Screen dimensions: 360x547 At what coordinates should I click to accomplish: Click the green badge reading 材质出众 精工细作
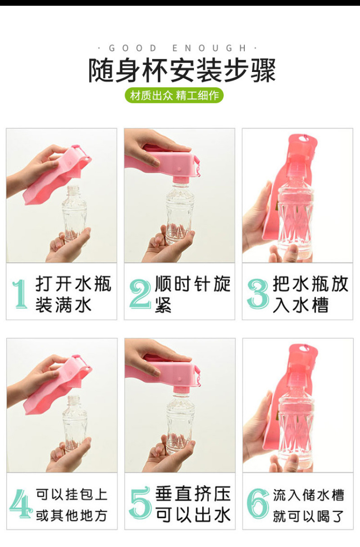point(174,95)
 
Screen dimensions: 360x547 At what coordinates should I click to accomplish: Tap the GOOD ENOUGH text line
point(177,48)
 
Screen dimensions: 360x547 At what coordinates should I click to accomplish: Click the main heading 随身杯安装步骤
point(182,70)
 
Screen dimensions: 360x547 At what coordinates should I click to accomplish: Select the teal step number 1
point(20,294)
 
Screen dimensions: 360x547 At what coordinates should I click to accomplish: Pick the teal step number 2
point(139,294)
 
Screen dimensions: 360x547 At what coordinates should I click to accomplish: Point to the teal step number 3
point(258,294)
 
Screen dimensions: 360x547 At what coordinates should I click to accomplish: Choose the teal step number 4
point(21,503)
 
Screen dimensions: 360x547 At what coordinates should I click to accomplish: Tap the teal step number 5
point(140,503)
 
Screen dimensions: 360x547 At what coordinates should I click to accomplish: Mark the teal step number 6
point(258,503)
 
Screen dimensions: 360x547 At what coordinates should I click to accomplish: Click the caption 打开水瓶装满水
point(73,294)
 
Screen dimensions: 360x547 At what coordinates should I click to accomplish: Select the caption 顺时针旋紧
point(193,294)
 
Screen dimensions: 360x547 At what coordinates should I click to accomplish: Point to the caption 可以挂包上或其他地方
point(72,504)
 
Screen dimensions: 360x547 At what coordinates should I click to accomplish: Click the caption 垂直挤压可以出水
point(193,504)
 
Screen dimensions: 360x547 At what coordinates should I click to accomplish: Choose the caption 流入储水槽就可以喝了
point(308,504)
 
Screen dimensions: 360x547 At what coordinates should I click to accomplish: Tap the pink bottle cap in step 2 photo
point(180,180)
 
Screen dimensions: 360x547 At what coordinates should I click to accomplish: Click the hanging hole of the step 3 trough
point(304,139)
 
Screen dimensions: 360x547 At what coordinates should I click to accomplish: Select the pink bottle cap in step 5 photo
point(181,390)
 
